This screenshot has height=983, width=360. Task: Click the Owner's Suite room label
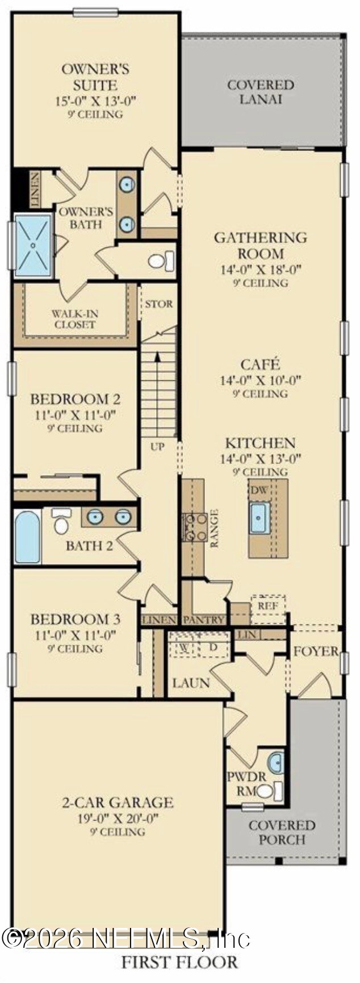point(95,77)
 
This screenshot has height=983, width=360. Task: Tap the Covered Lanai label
point(261,92)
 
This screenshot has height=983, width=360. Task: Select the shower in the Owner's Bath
point(32,245)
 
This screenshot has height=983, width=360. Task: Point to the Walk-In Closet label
point(74,319)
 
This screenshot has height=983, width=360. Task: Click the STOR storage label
point(158,304)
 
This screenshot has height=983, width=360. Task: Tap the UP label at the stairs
point(157,446)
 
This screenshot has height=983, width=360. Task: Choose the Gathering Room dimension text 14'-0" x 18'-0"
point(261,270)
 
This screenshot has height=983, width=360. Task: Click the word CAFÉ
point(260,364)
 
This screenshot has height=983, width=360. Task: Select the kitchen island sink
point(259,517)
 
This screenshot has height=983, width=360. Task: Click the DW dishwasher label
point(259,490)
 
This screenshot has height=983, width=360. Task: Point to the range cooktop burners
point(194,526)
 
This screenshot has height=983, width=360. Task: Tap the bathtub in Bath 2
point(27,537)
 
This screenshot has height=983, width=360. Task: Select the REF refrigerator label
point(268,606)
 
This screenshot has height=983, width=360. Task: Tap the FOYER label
point(316,652)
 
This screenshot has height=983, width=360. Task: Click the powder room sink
point(275,762)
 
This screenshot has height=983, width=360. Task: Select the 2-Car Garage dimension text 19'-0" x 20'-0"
point(118,818)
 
